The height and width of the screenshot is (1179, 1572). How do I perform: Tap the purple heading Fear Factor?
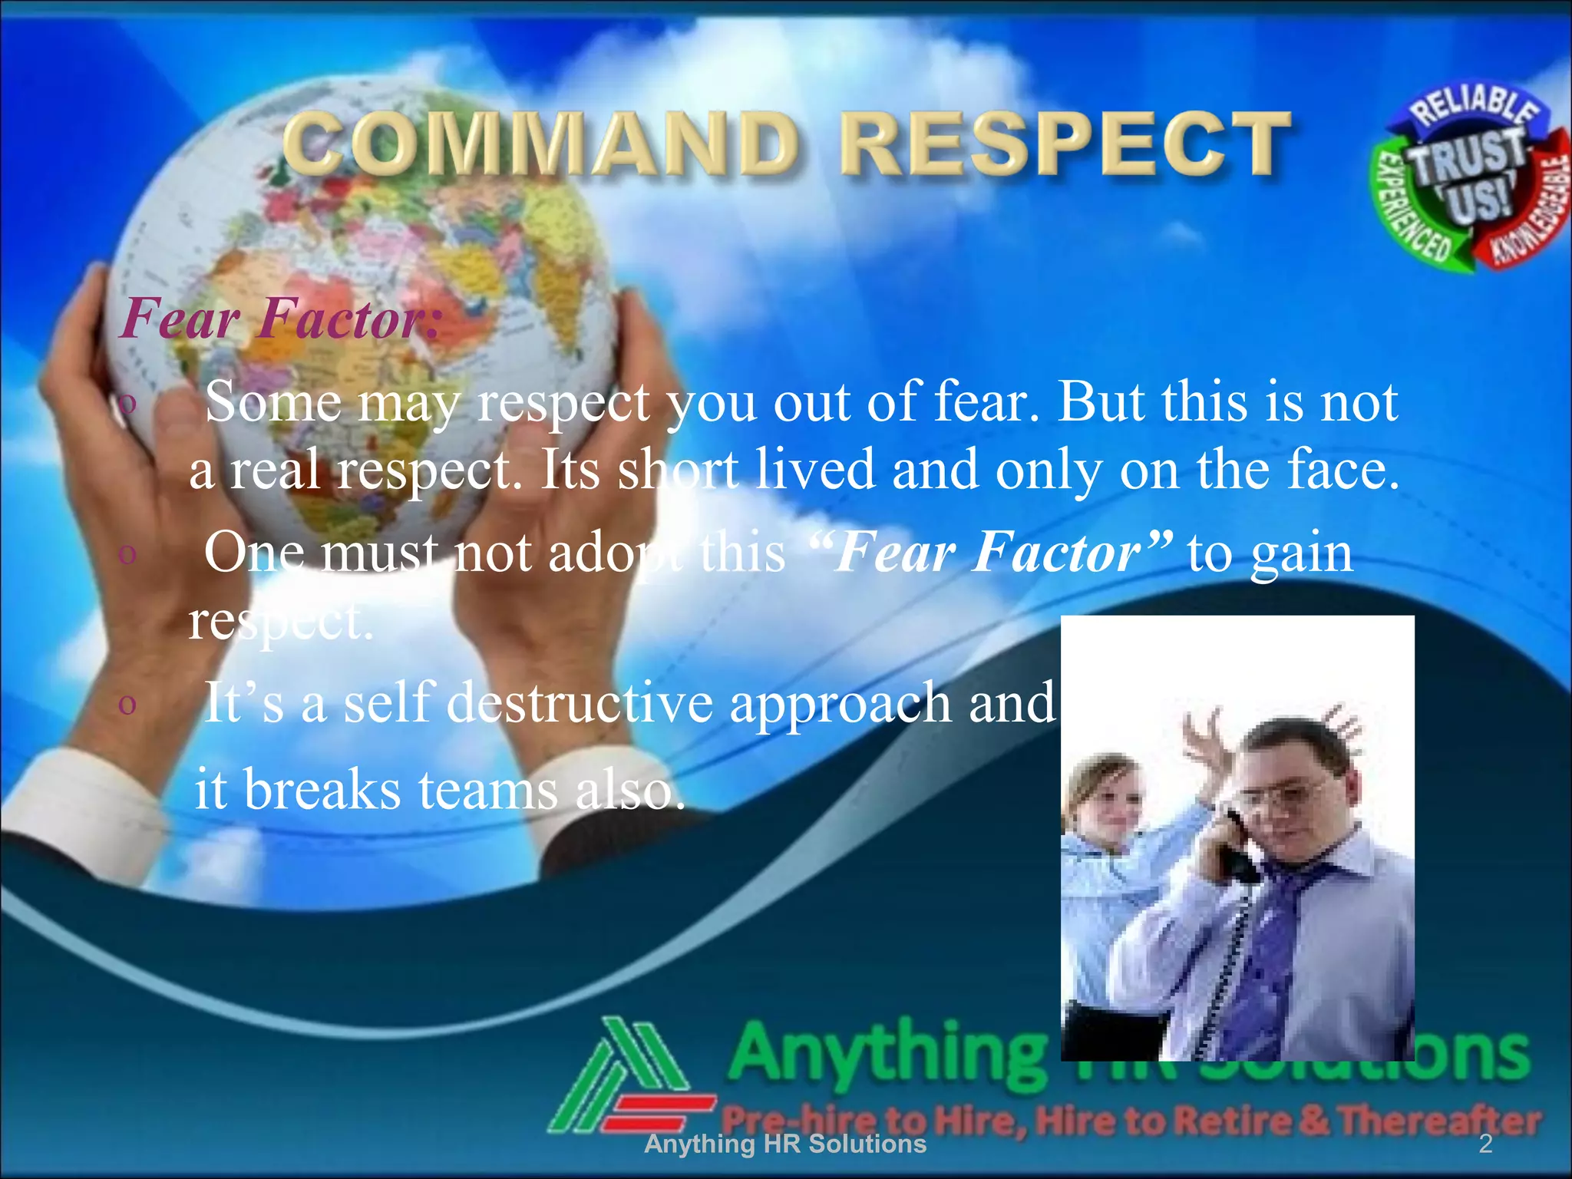point(281,318)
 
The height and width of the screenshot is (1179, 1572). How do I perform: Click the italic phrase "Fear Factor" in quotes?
point(991,552)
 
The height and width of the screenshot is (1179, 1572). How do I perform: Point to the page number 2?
point(1485,1144)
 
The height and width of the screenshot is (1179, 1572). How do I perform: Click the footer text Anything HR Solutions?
point(785,1144)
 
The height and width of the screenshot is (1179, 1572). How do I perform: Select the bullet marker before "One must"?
point(127,553)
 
